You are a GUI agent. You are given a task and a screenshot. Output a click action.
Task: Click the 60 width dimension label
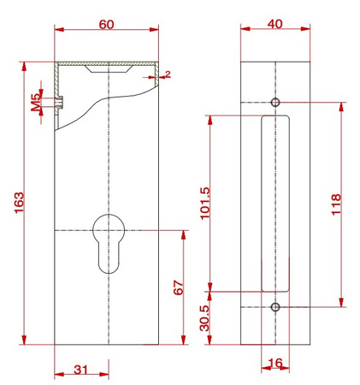tap(106, 24)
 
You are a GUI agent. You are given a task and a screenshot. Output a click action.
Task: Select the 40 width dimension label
tap(274, 24)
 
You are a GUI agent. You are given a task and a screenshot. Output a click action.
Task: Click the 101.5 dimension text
tap(203, 203)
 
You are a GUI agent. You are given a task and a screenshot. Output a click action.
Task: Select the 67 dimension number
tap(178, 287)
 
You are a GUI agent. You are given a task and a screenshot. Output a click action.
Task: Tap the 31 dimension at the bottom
tap(80, 370)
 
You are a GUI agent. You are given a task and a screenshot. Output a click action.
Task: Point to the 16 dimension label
tap(275, 364)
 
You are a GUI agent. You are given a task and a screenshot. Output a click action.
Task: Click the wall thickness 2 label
tap(168, 74)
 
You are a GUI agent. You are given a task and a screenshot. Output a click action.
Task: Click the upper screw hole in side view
tap(274, 103)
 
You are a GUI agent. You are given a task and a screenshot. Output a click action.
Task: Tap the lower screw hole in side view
tap(274, 306)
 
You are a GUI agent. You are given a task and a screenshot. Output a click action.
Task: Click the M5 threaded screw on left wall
tap(59, 101)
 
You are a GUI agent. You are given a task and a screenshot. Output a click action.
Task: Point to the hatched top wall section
tap(107, 65)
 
